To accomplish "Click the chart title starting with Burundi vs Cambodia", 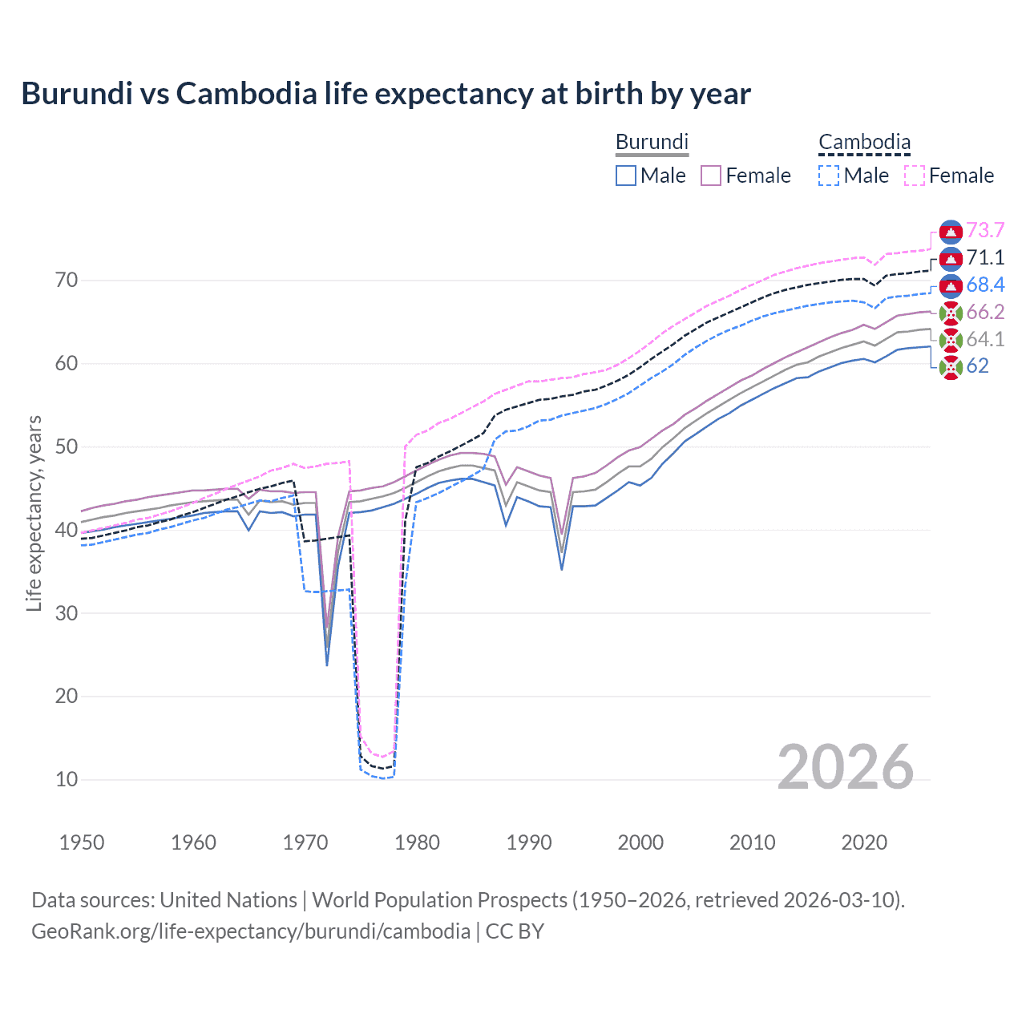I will point(386,94).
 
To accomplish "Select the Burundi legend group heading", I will point(652,142).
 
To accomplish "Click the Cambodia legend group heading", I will point(864,142).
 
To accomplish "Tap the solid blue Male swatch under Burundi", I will point(626,176).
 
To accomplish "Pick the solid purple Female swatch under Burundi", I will point(711,176).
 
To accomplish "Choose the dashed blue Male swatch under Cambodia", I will point(829,176).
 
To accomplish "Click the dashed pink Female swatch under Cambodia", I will point(915,176).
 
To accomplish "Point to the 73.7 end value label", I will point(985,231).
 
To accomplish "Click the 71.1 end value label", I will point(985,257).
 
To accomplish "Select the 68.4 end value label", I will point(985,285).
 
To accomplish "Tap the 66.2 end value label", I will point(985,312).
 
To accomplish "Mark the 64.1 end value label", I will point(985,339).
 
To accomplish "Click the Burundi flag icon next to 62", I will point(951,367).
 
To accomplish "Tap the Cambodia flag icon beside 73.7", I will point(951,232).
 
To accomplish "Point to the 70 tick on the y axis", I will point(67,281).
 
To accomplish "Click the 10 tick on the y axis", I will point(67,779).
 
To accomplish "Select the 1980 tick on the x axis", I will point(417,842).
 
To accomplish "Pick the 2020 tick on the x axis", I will point(864,842).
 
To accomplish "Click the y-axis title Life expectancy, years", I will point(34,513).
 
